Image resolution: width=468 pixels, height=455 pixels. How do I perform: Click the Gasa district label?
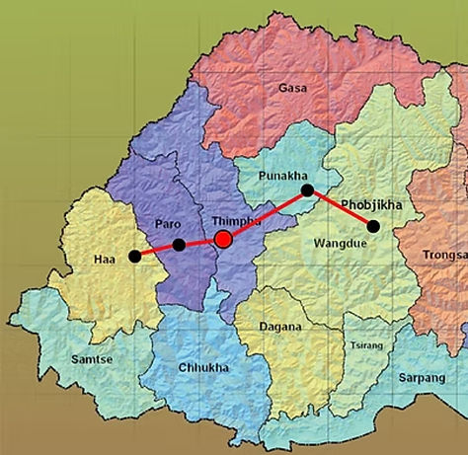coord(292,88)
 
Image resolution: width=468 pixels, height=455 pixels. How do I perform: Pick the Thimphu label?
coord(236,221)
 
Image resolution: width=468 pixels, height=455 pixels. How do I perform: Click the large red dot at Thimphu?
coord(223,239)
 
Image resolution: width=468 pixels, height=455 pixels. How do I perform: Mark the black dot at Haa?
coord(134,257)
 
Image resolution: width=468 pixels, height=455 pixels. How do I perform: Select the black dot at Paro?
coord(179,245)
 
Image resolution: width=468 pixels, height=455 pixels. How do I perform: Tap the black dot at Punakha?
coord(307,190)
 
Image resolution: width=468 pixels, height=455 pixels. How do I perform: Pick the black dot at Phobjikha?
coord(373,226)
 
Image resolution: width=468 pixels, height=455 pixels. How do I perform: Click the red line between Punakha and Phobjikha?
coord(341,208)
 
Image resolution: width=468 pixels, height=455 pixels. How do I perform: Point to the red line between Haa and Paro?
coord(156,251)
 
